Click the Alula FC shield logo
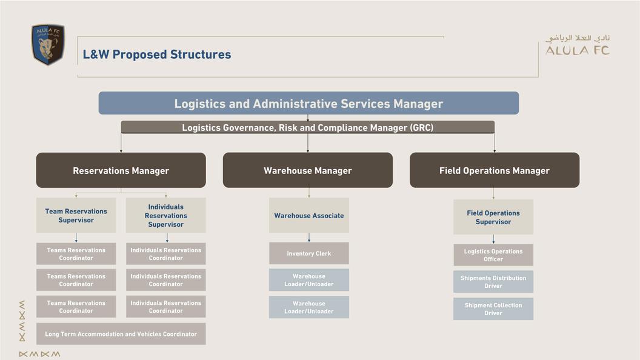click(48, 44)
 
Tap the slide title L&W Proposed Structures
click(157, 55)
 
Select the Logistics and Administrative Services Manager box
click(308, 104)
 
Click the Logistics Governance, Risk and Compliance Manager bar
click(308, 127)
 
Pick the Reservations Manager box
click(121, 170)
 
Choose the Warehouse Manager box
click(308, 170)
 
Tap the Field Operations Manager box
click(495, 170)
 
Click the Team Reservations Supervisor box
click(76, 215)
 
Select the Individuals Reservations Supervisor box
click(165, 215)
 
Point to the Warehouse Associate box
click(308, 215)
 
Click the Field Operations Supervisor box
click(493, 217)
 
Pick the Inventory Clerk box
click(308, 253)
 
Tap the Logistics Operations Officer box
click(493, 255)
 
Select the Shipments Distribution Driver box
click(493, 282)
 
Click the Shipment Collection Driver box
click(493, 309)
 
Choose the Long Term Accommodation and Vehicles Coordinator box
click(121, 334)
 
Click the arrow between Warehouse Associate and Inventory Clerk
click(309, 238)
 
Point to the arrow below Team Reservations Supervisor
click(76, 238)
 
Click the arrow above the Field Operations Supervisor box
click(493, 193)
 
